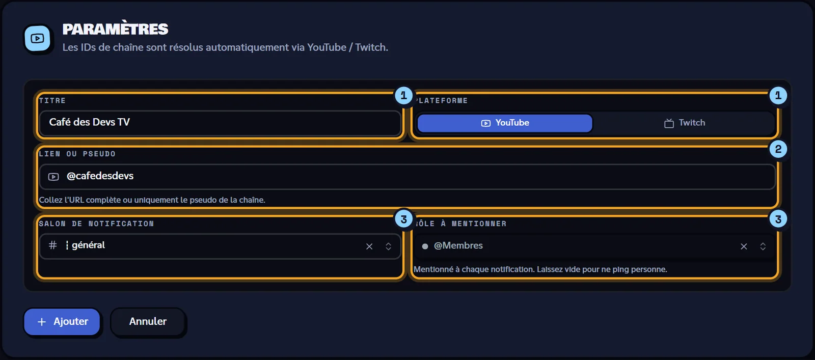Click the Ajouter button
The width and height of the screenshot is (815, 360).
pyautogui.click(x=62, y=321)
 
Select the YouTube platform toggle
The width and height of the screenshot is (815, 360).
pyautogui.click(x=505, y=123)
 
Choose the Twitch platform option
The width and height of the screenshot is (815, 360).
pyautogui.click(x=685, y=123)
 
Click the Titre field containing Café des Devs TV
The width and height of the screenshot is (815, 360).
pyautogui.click(x=220, y=123)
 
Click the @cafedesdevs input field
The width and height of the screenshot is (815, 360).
pyautogui.click(x=407, y=176)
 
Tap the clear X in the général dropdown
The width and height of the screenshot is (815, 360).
pyautogui.click(x=369, y=246)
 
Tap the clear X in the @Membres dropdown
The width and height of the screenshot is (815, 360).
pyautogui.click(x=744, y=246)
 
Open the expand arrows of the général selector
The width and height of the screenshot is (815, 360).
pyautogui.click(x=388, y=246)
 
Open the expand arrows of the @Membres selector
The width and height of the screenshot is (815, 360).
pyautogui.click(x=763, y=246)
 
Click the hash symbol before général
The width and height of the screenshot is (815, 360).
pyautogui.click(x=53, y=245)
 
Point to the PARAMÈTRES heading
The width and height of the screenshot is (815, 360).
pyautogui.click(x=115, y=29)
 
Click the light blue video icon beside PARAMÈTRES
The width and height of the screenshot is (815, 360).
pyautogui.click(x=38, y=38)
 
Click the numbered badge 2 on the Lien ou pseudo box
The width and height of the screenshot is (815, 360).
pyautogui.click(x=778, y=149)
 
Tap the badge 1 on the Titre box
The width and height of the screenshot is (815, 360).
pyautogui.click(x=403, y=96)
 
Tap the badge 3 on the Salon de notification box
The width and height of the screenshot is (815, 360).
pyautogui.click(x=403, y=219)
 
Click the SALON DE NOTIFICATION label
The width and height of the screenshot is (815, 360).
pyautogui.click(x=96, y=224)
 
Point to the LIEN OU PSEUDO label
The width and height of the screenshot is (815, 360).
pyautogui.click(x=77, y=154)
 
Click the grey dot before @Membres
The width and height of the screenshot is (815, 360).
pyautogui.click(x=425, y=246)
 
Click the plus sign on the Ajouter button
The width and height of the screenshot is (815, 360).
pyautogui.click(x=42, y=322)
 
